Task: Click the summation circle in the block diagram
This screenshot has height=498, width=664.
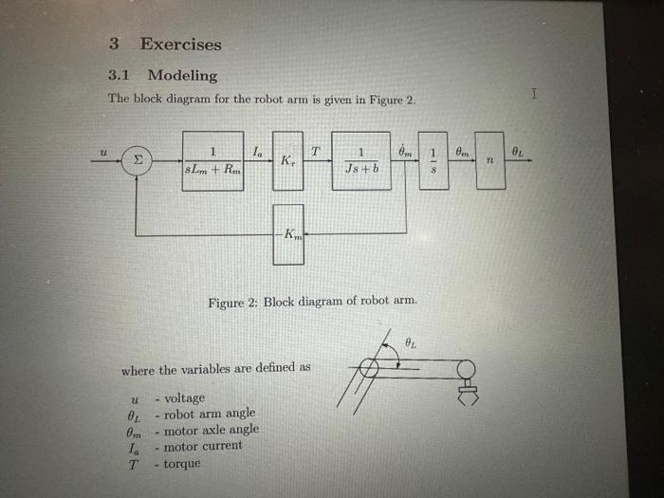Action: pos(138,162)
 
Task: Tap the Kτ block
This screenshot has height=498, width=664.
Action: pos(288,160)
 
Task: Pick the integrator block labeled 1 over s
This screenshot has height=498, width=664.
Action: pos(433,160)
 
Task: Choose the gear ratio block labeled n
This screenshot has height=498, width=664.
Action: pos(490,160)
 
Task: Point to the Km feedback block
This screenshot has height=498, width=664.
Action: pos(288,233)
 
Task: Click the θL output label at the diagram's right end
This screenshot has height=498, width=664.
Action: pos(518,150)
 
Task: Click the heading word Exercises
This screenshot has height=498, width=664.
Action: pos(180,44)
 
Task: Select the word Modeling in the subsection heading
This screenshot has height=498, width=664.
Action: pos(182,76)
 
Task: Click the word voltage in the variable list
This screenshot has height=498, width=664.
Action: pos(184,398)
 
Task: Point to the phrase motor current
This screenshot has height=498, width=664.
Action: pos(203,446)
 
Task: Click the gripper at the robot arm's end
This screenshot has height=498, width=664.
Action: pos(466,394)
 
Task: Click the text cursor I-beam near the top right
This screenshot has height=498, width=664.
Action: pos(535,94)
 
